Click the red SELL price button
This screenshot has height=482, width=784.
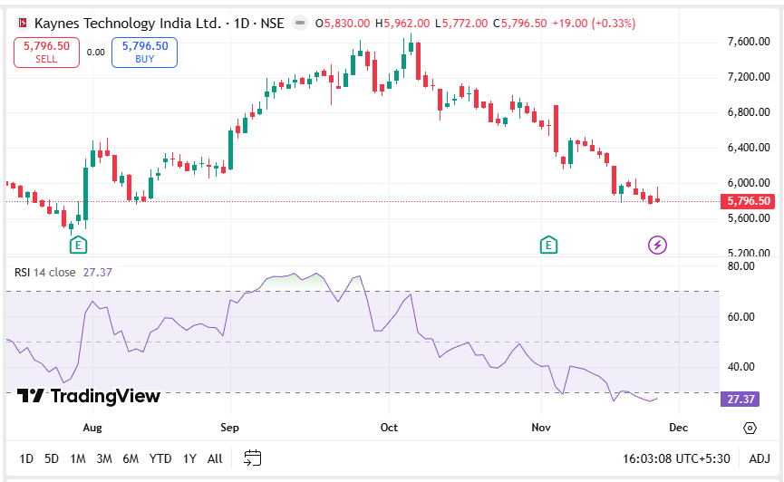click(46, 52)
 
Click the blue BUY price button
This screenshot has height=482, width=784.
click(144, 52)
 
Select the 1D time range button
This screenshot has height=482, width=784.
click(26, 458)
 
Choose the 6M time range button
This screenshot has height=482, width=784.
click(131, 458)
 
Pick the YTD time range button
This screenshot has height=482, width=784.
click(160, 458)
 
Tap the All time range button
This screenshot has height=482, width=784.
click(215, 458)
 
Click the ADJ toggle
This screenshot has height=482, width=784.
click(760, 458)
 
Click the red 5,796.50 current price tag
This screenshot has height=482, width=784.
click(749, 201)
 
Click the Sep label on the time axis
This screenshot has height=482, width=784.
click(229, 427)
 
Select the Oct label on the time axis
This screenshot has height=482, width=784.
click(389, 427)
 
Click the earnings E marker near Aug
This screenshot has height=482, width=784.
click(79, 244)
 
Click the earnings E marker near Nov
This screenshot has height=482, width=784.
click(547, 244)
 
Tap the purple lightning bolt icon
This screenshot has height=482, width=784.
click(657, 245)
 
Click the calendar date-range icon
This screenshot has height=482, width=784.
click(253, 458)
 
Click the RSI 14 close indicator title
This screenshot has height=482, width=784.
click(45, 272)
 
